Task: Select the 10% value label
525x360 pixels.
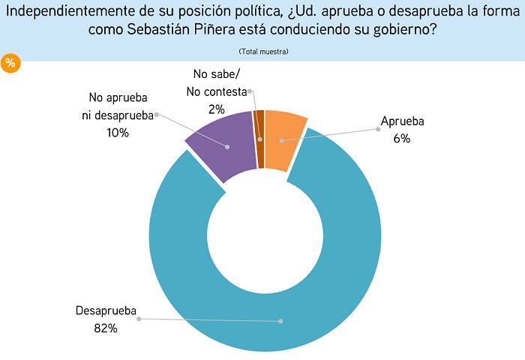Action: tap(118, 133)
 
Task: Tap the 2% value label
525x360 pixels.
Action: tap(217, 109)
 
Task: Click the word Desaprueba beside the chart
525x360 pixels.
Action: tap(106, 311)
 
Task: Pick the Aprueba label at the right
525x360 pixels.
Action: tap(402, 123)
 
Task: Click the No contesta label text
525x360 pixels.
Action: tap(220, 91)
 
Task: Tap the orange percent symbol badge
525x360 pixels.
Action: tap(10, 64)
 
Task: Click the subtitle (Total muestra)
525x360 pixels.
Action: tap(263, 51)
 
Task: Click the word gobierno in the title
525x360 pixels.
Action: tap(406, 30)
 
